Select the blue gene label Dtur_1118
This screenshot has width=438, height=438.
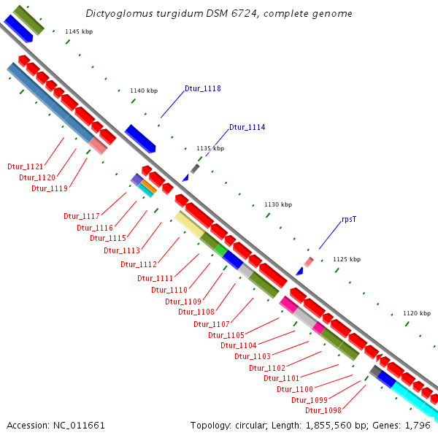202,88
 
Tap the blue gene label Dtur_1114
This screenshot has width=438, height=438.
247,127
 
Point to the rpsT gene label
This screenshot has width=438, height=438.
349,219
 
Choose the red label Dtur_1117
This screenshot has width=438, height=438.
81,216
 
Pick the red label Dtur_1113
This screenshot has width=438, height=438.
121,250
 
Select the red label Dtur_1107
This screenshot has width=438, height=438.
212,324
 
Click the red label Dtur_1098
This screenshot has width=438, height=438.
323,410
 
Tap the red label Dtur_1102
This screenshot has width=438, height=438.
267,367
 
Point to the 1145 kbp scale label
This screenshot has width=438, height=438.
79,31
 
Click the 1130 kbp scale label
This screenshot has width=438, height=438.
277,204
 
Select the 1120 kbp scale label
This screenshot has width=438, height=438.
417,313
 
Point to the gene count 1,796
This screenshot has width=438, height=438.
418,425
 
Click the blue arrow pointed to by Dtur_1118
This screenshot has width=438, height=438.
140,138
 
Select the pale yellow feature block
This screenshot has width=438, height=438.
189,224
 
